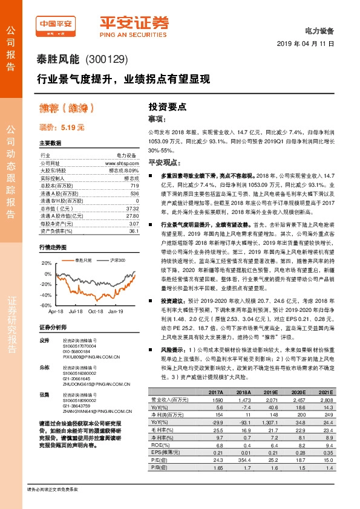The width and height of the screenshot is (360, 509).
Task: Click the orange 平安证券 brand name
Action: (134, 24)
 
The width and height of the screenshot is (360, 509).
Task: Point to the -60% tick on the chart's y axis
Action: (45, 305)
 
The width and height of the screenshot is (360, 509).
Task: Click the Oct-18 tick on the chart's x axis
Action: (96, 311)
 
